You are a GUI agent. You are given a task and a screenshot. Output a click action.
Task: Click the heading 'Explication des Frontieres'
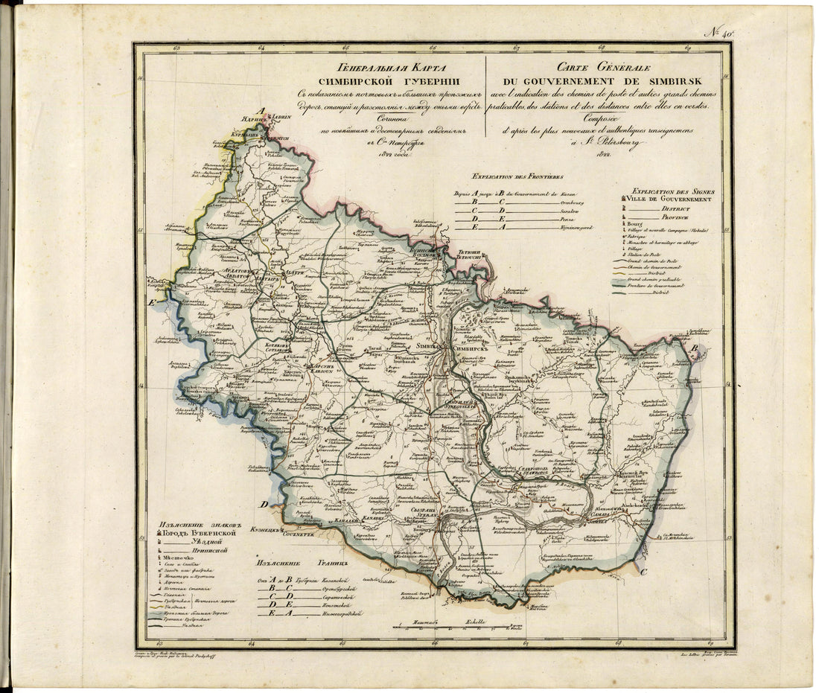pyautogui.click(x=513, y=177)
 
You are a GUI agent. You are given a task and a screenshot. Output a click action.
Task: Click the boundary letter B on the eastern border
pyautogui.click(x=693, y=348)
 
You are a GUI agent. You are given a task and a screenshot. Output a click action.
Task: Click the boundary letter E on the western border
pyautogui.click(x=152, y=303)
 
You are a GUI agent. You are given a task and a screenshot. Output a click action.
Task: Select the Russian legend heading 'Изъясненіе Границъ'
pyautogui.click(x=299, y=563)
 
